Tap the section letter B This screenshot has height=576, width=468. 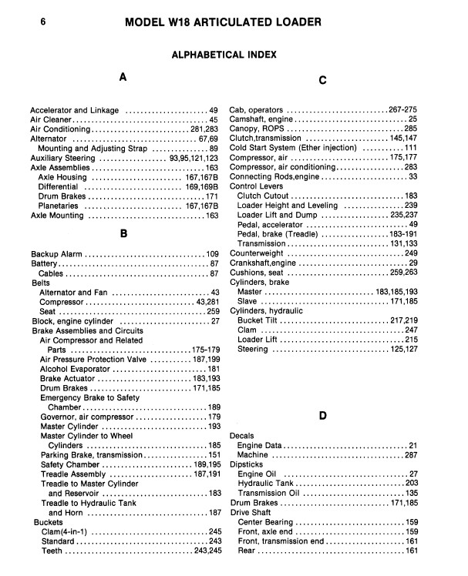123,233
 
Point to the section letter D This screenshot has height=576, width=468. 323,417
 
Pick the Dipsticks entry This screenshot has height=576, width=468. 247,464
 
